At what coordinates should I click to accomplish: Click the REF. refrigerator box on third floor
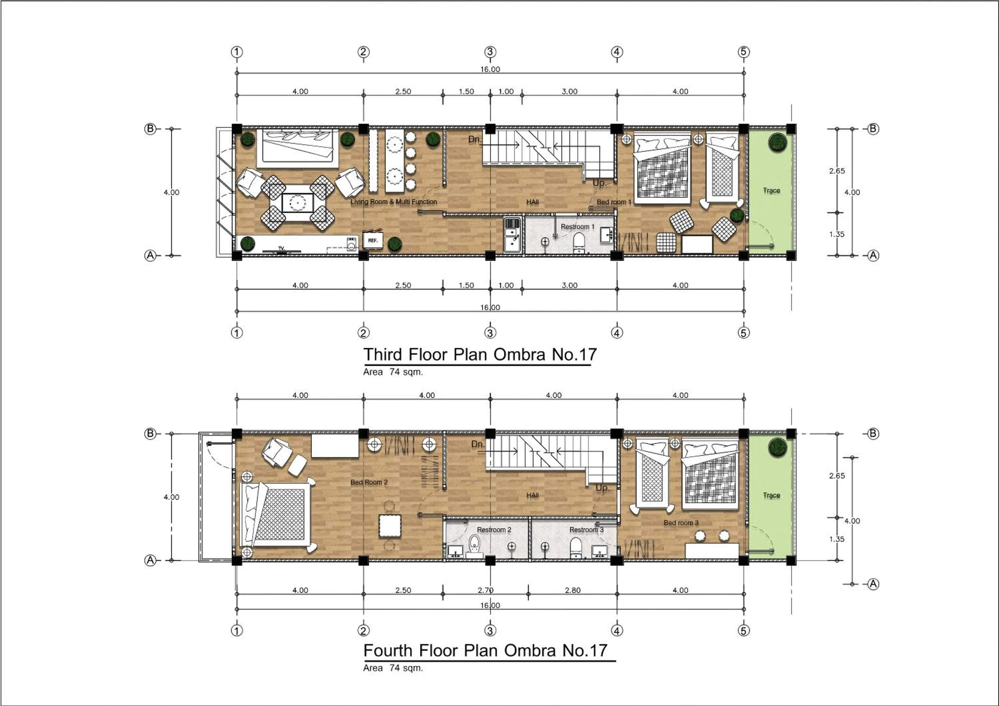click(372, 241)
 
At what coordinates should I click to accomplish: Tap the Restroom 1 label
click(577, 227)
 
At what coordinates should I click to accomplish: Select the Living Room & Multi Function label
click(393, 202)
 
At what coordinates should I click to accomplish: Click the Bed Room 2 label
click(369, 482)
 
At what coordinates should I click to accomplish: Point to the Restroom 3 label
click(586, 530)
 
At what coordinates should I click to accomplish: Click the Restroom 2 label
click(494, 530)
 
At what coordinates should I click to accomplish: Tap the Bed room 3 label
click(681, 523)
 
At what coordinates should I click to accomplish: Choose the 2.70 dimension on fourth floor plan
click(485, 590)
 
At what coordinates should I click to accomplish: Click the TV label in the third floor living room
click(281, 248)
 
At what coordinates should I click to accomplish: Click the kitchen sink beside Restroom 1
click(512, 235)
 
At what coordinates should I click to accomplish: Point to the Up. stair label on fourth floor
click(602, 488)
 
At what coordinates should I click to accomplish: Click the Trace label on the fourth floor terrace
click(771, 495)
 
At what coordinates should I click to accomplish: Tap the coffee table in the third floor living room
click(298, 202)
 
